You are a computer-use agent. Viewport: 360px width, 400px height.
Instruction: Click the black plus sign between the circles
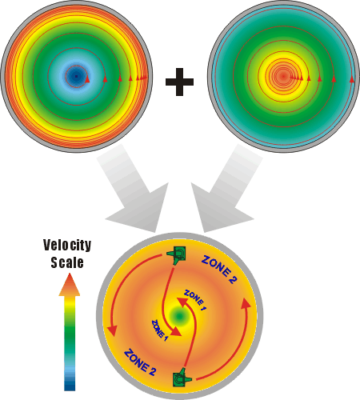click(x=179, y=82)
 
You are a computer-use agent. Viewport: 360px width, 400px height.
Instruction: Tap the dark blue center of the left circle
click(x=77, y=76)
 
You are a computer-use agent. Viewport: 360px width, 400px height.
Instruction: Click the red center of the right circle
click(x=283, y=77)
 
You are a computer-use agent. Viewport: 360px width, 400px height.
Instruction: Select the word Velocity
click(x=67, y=245)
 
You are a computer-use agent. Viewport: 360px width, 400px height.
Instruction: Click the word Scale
click(x=67, y=262)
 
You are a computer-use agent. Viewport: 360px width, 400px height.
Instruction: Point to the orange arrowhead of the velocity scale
click(x=70, y=285)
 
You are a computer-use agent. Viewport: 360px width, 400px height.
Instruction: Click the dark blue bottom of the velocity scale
click(x=70, y=384)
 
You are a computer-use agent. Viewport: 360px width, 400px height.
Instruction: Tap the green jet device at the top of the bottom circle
click(x=177, y=254)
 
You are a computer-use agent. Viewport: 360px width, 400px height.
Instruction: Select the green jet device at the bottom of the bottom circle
click(x=182, y=378)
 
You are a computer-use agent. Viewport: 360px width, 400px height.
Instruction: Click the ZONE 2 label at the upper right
click(x=219, y=270)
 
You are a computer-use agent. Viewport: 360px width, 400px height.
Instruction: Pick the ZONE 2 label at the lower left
click(x=140, y=362)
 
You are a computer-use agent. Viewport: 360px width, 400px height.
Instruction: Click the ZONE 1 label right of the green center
click(x=195, y=300)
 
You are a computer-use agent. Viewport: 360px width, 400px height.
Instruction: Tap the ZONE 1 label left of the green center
click(x=160, y=330)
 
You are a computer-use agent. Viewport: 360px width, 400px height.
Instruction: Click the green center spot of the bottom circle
click(x=179, y=316)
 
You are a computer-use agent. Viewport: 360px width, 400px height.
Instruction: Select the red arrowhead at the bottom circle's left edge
click(x=113, y=330)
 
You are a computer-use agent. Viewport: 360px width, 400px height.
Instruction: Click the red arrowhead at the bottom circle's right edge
click(x=246, y=303)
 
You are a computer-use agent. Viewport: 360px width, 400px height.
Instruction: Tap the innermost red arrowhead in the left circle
click(x=87, y=79)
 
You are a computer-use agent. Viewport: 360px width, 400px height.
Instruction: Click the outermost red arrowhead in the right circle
click(x=352, y=79)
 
